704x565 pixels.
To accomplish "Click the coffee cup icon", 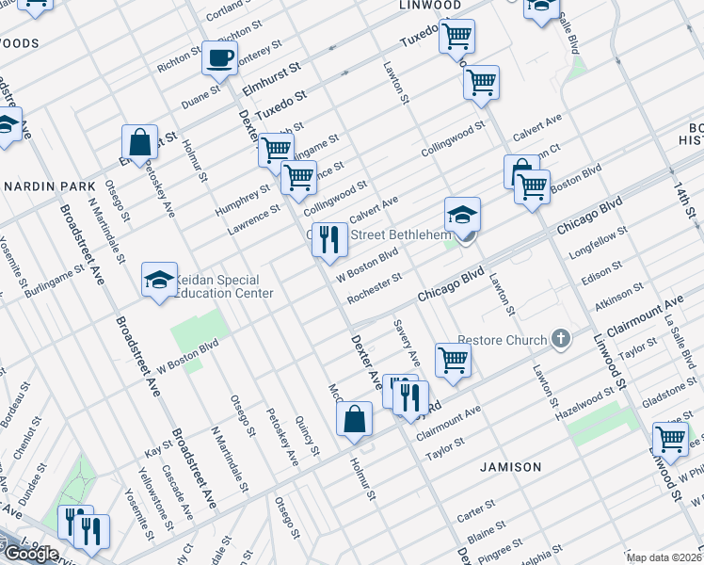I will (x=220, y=57).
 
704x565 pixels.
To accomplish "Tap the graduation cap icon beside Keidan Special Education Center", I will (x=159, y=278).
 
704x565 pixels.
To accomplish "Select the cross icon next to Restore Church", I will (x=561, y=338).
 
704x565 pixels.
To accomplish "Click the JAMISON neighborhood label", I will (x=511, y=467).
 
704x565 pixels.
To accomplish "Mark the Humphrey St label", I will (x=236, y=198).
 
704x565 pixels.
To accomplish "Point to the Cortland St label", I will (x=226, y=11).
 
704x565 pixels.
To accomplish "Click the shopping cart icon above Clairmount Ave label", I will (x=453, y=360).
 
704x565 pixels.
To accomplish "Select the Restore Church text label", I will (x=502, y=340).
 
